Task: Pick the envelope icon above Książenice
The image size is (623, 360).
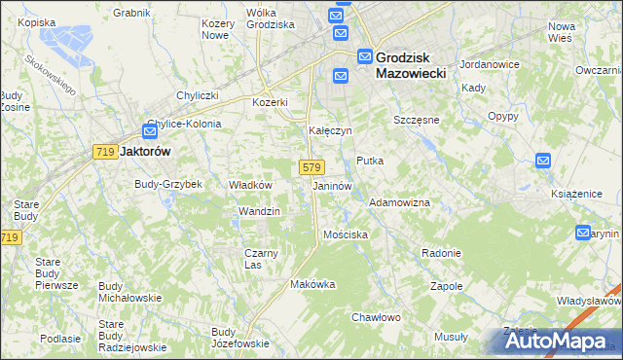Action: pos(543,162)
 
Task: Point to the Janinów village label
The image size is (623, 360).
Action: pos(332,185)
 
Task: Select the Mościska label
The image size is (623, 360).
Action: pos(346,235)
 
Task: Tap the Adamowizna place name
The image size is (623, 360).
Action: pos(399,202)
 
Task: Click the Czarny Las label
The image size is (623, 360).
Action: pos(261,258)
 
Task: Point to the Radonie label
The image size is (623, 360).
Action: pos(441,253)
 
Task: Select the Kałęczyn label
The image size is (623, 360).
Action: pos(329,129)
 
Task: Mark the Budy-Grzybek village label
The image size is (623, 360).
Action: pos(167,184)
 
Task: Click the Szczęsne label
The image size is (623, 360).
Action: pos(417,120)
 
